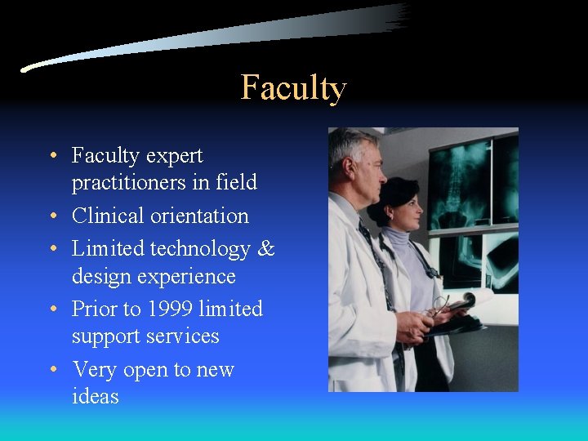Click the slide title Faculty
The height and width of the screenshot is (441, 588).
point(293,87)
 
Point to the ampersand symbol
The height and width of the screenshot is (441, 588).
point(266,248)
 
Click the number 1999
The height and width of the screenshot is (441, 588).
point(167,309)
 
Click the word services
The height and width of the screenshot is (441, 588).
point(180,336)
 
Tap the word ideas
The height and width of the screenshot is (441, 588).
point(95,397)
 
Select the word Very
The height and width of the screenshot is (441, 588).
point(95,369)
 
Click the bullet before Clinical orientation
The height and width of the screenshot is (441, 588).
point(51,216)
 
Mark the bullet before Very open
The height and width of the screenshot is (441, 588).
point(51,370)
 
